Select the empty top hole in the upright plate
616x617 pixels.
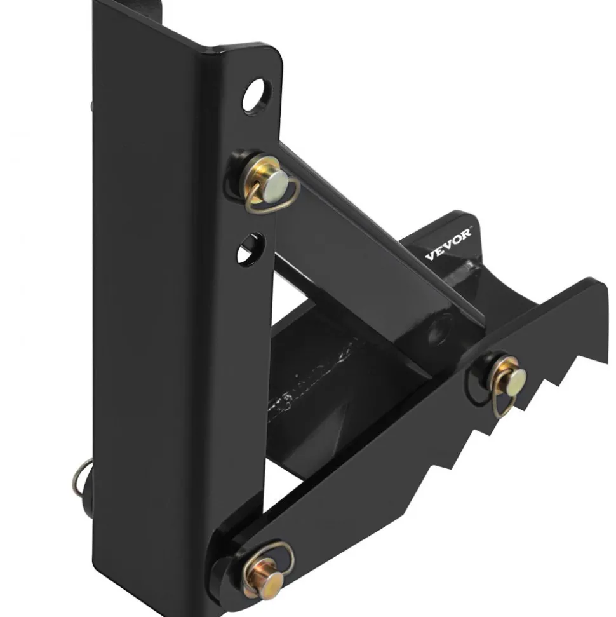click(257, 95)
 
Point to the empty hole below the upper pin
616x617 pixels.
click(250, 248)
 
